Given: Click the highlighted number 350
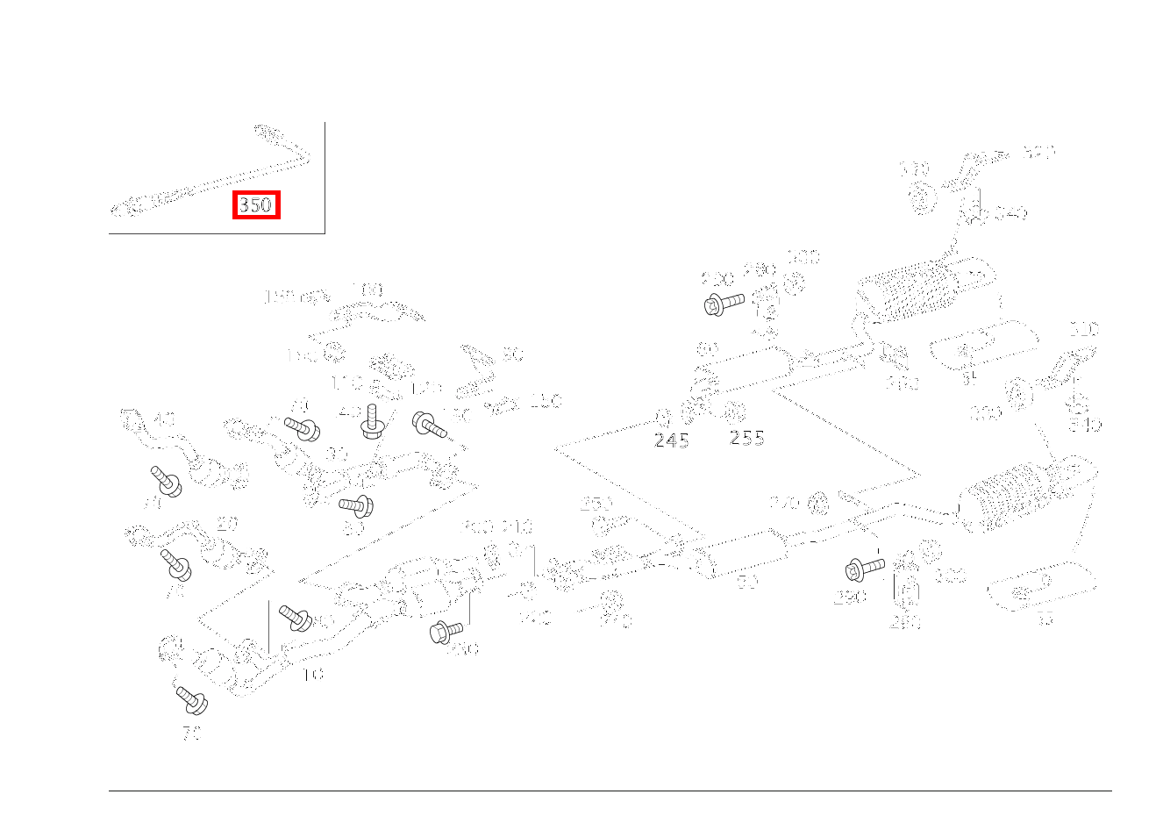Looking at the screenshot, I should pos(256,205).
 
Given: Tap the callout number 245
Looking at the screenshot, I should pos(671,441).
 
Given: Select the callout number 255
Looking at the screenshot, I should pos(746,438).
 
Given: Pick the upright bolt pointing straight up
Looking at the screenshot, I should pos(373,421).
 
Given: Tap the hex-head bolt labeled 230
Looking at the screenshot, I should pos(446,631).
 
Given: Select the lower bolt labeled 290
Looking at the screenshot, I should pos(864,569).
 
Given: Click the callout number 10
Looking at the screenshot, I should pos(313,674).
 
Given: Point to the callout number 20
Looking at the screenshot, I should pos(227,524).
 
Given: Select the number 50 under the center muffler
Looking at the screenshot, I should pos(747,582).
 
